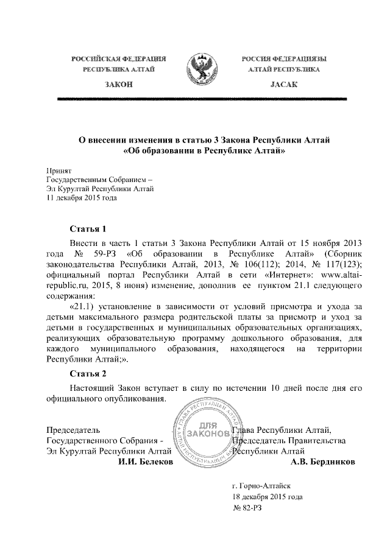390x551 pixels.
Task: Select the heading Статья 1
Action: click(88, 229)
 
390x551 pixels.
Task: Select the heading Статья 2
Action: click(88, 373)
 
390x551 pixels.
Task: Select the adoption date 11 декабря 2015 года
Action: click(82, 197)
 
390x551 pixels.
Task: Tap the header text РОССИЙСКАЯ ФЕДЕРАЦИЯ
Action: click(119, 59)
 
